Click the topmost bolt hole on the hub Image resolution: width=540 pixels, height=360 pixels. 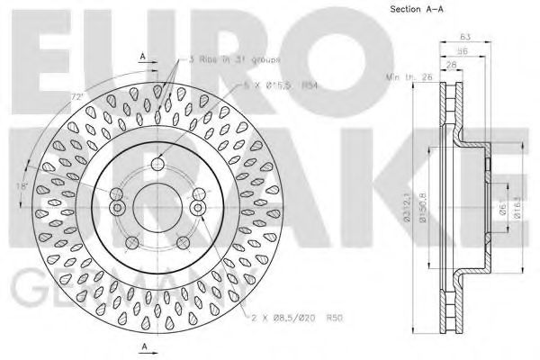click(157, 164)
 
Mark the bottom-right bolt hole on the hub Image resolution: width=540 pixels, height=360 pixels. click(184, 241)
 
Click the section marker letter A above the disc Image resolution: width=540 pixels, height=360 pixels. click(143, 56)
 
